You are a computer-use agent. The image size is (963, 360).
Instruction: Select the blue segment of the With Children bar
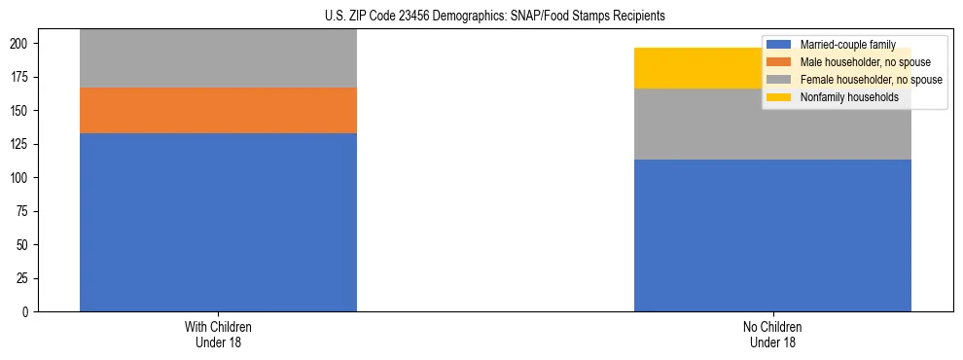[x=218, y=222]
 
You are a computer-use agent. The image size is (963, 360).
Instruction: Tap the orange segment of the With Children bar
[x=218, y=110]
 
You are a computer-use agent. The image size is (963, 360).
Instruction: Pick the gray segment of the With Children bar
[x=218, y=58]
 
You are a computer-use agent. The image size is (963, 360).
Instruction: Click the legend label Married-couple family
[x=840, y=45]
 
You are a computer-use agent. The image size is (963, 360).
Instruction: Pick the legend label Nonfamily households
[x=841, y=97]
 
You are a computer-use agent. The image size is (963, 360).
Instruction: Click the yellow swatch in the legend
[x=779, y=97]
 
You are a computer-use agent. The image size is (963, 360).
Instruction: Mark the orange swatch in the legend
[x=779, y=62]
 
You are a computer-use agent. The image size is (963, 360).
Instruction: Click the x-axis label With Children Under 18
[x=218, y=334]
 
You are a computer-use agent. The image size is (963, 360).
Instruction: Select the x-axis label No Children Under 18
[x=772, y=334]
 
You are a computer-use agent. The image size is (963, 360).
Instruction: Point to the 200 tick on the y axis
[x=23, y=44]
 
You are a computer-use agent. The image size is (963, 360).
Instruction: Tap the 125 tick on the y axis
[x=23, y=144]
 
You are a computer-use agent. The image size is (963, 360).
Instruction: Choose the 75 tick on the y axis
[x=26, y=211]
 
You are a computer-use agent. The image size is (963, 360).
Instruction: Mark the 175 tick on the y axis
[x=23, y=77]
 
